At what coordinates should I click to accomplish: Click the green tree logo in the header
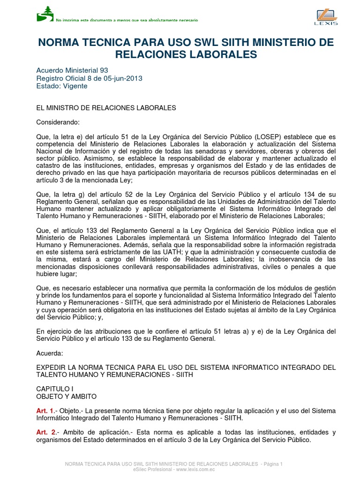click(45, 14)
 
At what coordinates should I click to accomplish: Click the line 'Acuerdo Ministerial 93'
click(72, 70)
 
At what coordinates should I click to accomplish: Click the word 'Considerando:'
click(58, 122)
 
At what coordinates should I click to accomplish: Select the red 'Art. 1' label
click(45, 411)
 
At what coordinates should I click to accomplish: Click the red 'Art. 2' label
click(45, 432)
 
